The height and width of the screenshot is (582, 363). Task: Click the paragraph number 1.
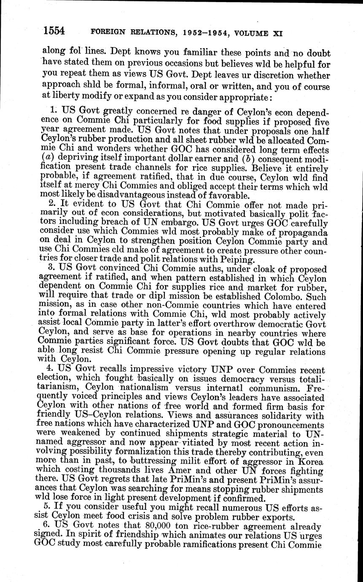[x=53, y=110]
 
